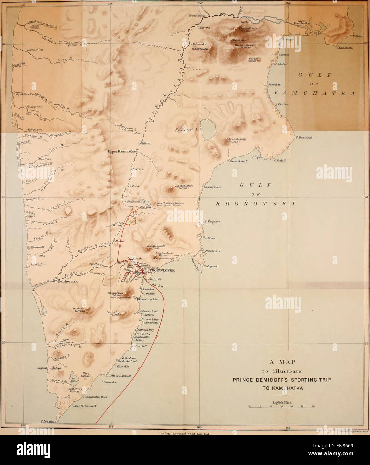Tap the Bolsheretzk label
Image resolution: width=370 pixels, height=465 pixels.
point(68,282)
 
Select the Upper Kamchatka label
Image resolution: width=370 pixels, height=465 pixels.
point(121,151)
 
